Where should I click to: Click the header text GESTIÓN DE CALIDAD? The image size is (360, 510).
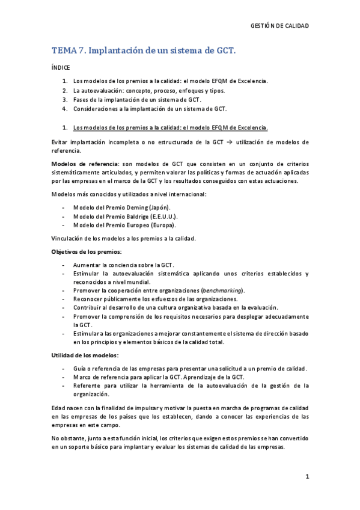[279, 26]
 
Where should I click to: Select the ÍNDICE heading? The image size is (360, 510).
[61, 69]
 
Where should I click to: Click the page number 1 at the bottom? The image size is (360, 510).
[307, 477]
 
